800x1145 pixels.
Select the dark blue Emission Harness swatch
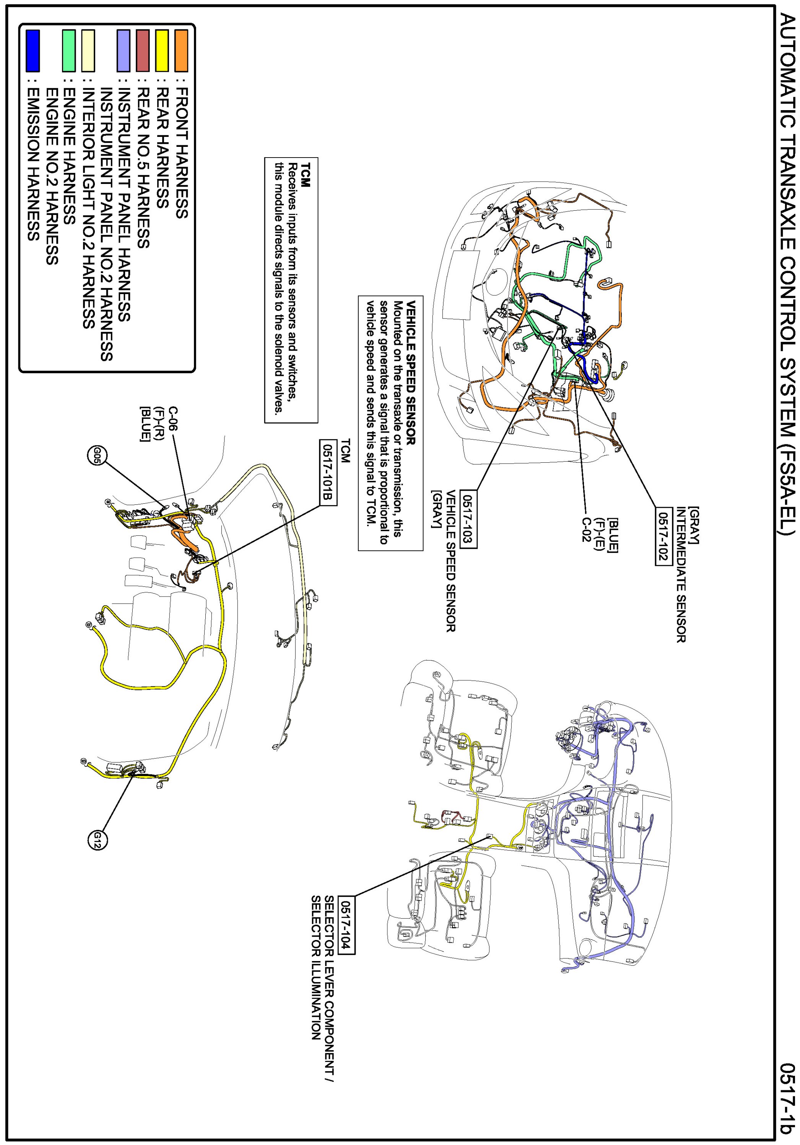[x=33, y=50]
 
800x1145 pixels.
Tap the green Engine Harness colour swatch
[x=69, y=50]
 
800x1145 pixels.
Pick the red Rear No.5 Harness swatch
[x=143, y=50]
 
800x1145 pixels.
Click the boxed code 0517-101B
[x=328, y=472]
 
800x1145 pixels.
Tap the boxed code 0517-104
[x=346, y=925]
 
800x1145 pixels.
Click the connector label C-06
[x=173, y=418]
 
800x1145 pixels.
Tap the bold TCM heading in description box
[x=305, y=174]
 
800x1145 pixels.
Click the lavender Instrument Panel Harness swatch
[x=123, y=50]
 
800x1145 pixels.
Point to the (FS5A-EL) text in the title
[x=787, y=489]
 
